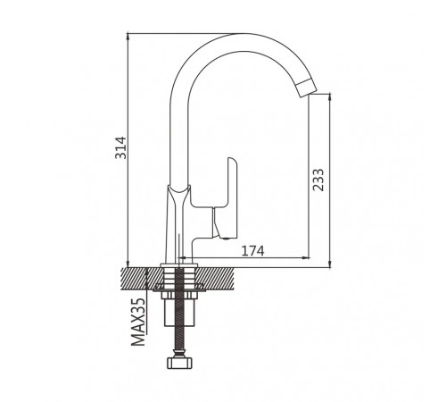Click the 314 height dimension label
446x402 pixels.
[x=120, y=147]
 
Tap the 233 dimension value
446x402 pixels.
[x=318, y=180]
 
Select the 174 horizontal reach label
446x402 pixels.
[x=252, y=251]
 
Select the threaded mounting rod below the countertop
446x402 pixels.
[x=179, y=310]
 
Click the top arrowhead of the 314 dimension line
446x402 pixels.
[x=128, y=37]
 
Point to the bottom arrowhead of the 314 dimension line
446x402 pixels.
[x=128, y=264]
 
